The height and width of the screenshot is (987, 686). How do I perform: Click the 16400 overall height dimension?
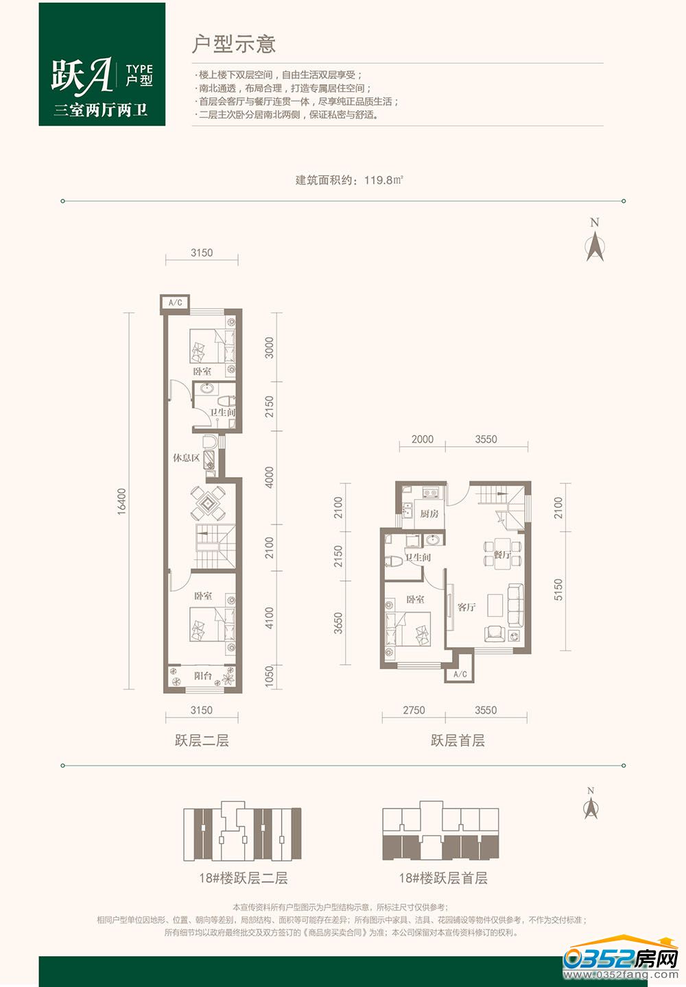click(x=121, y=501)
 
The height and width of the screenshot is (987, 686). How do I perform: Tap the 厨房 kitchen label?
click(x=429, y=513)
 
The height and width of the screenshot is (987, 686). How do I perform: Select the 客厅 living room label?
click(x=466, y=607)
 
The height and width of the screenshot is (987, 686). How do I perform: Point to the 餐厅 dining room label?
click(x=502, y=555)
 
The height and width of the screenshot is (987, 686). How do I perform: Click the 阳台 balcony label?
click(x=203, y=676)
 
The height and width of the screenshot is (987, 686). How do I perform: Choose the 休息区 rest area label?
click(x=186, y=458)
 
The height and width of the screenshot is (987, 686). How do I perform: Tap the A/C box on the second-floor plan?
click(x=175, y=303)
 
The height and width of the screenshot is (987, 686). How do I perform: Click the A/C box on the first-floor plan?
click(x=460, y=674)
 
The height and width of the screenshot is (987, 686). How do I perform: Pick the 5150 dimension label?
click(x=558, y=589)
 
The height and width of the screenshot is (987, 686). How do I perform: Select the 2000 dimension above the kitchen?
click(x=423, y=439)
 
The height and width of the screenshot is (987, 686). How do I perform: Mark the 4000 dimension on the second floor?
click(x=270, y=477)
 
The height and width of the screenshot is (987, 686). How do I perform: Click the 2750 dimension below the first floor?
click(x=414, y=710)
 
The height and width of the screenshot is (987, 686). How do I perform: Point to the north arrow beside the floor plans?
click(x=595, y=246)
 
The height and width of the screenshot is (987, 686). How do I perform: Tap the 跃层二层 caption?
click(x=202, y=740)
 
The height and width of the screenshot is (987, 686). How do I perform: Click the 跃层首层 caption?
click(x=458, y=740)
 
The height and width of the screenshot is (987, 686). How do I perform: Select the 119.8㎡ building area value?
click(x=384, y=180)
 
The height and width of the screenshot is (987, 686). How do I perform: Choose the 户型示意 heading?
click(x=234, y=44)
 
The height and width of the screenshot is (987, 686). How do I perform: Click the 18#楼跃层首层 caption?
click(x=443, y=878)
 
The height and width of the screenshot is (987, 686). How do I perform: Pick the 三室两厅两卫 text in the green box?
click(x=101, y=110)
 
